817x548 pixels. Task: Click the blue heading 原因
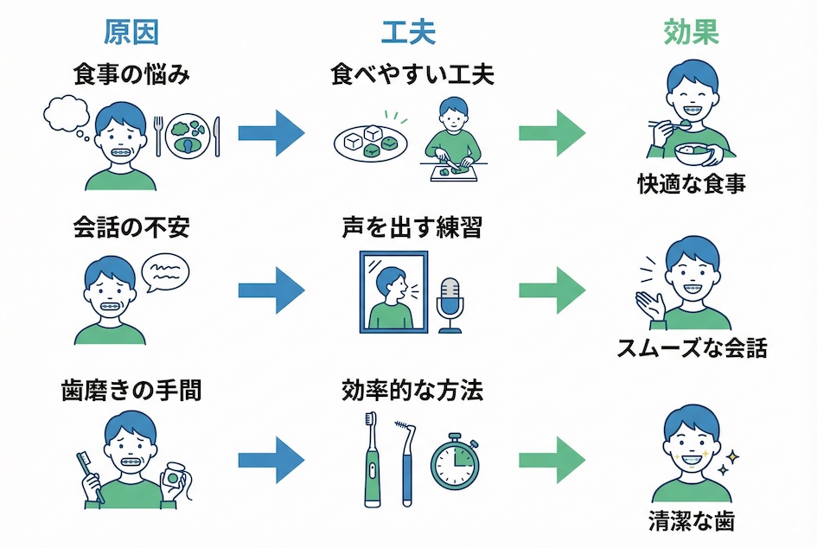pyautogui.click(x=131, y=32)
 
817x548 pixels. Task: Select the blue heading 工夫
pyautogui.click(x=408, y=32)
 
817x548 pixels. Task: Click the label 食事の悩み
pyautogui.click(x=131, y=74)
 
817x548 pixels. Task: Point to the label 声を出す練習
pyautogui.click(x=412, y=229)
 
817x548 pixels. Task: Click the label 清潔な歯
pyautogui.click(x=692, y=521)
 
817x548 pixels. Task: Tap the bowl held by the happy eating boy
pyautogui.click(x=696, y=154)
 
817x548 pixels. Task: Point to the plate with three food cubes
pyautogui.click(x=370, y=142)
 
